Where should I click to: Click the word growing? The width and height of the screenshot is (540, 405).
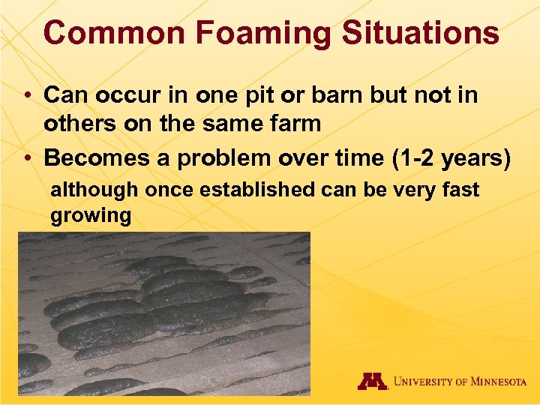point(90,216)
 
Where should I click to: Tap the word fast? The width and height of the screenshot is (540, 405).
point(460,190)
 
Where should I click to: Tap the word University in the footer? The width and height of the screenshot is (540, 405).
point(424,382)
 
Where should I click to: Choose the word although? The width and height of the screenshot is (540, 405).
point(94,190)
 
